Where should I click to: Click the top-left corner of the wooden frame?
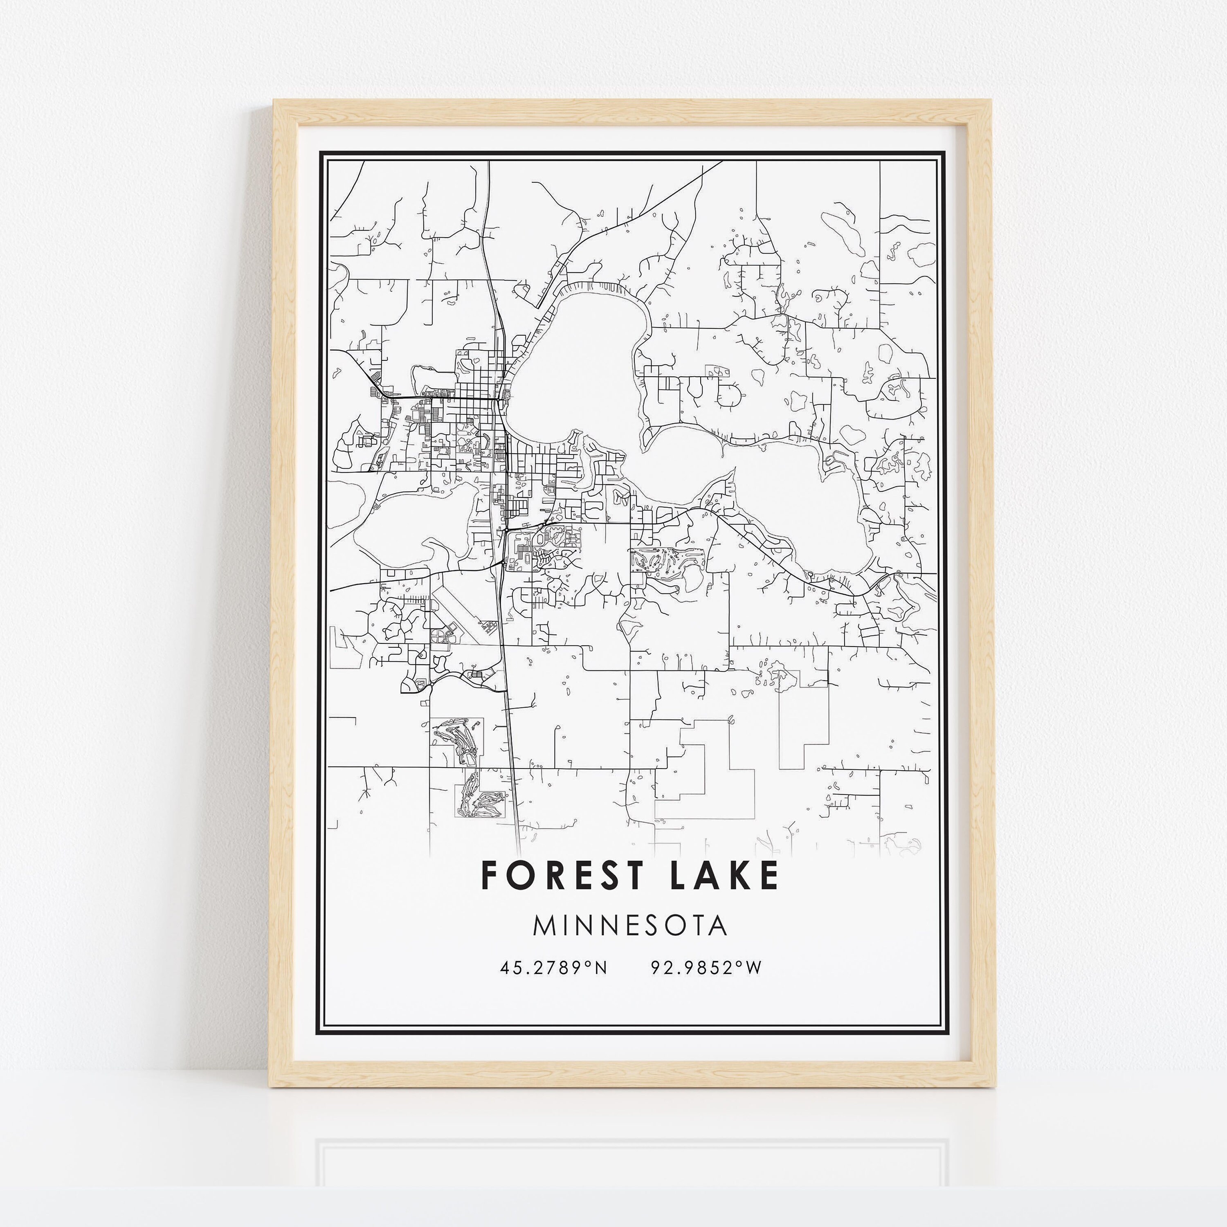point(274,100)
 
